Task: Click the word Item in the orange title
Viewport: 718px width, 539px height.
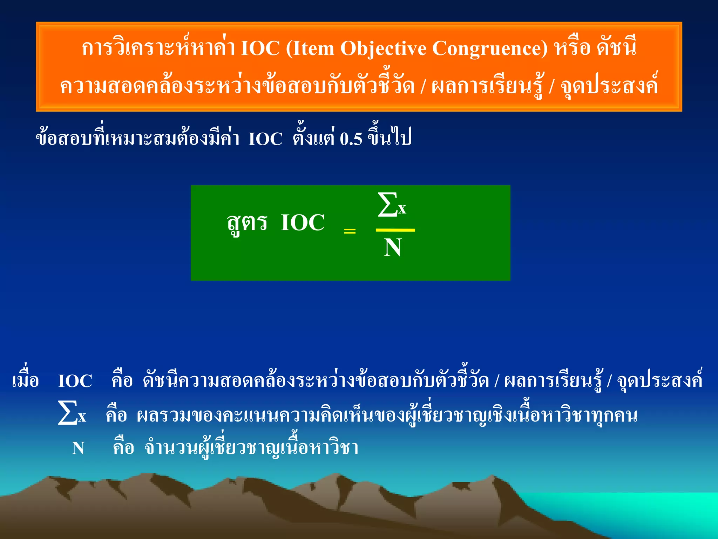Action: pos(313,48)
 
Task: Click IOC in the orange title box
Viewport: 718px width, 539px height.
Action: pos(260,48)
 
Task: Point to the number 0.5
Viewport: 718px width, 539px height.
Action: pos(351,139)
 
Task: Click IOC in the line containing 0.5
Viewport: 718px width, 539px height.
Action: pos(265,139)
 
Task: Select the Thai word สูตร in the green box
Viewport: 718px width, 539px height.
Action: pos(247,223)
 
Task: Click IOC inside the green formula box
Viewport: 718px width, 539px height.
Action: pos(303,222)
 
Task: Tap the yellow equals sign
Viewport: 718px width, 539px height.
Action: pos(350,231)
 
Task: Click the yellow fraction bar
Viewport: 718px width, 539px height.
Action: pos(395,230)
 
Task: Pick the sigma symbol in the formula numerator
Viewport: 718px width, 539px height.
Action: pos(387,204)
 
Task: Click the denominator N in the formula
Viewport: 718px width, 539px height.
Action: pos(393,248)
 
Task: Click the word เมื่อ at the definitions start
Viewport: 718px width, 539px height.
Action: pos(25,380)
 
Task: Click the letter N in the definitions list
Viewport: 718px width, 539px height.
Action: pos(78,448)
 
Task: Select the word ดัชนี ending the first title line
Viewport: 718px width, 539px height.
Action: pos(617,47)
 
